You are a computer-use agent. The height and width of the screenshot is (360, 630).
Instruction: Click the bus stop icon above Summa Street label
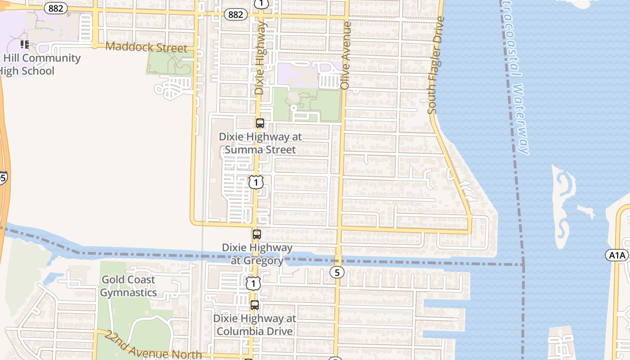pos(260,123)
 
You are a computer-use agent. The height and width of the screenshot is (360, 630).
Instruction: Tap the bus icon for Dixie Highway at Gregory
pos(256,234)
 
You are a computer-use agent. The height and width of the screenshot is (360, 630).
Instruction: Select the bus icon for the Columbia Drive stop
pos(255,305)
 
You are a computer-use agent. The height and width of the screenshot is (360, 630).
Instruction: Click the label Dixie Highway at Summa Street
pos(260,143)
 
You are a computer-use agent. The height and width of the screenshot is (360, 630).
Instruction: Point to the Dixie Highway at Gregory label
pos(257,254)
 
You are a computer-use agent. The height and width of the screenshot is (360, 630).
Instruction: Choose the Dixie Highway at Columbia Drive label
pos(255,325)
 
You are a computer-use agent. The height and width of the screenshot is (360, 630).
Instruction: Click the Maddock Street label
pos(146,47)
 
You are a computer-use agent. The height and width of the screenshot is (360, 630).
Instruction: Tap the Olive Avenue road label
pos(346,55)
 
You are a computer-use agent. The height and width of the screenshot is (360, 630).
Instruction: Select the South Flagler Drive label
pos(436,65)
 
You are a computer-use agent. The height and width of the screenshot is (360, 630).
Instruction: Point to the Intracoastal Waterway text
pos(516,76)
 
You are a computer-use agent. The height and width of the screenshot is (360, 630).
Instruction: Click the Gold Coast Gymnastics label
pos(128,286)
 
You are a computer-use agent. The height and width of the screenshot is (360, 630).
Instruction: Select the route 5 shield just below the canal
pos(337,272)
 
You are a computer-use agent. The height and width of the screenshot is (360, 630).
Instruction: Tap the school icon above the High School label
pos(25,44)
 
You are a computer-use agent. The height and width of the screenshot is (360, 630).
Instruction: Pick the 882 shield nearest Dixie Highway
pos(235,14)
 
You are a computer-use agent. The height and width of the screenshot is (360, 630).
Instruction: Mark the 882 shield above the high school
pos(56,8)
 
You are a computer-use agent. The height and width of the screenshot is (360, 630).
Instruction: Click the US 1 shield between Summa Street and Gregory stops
pos(256,182)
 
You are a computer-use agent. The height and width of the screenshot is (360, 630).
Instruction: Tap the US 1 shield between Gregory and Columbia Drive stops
pos(253,283)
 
